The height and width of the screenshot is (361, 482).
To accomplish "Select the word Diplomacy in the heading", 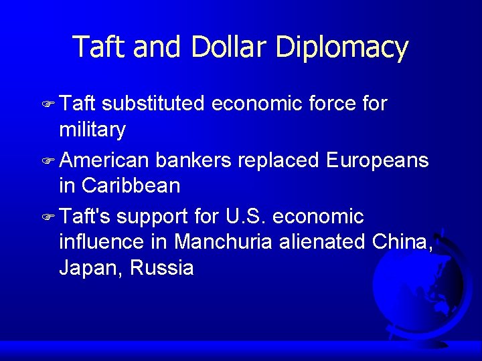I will tap(341, 48).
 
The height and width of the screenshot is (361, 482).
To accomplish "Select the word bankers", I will tap(193, 160).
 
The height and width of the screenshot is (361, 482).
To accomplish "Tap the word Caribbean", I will tap(131, 186).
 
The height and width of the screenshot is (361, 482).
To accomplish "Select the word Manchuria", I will tap(224, 242).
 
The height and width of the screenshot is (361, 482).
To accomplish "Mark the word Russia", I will tap(162, 268).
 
